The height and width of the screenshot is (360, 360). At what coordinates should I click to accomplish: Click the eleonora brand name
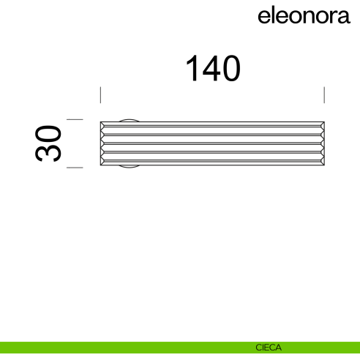click(x=304, y=16)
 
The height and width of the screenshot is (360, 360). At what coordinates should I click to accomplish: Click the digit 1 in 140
click(x=192, y=69)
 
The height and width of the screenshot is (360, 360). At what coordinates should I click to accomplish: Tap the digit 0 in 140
click(x=229, y=69)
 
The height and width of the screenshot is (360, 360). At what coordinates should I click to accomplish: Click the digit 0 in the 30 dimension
click(x=48, y=134)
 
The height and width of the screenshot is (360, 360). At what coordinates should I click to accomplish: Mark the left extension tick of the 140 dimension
click(x=100, y=96)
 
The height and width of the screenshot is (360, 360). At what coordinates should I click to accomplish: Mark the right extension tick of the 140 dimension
click(x=324, y=96)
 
